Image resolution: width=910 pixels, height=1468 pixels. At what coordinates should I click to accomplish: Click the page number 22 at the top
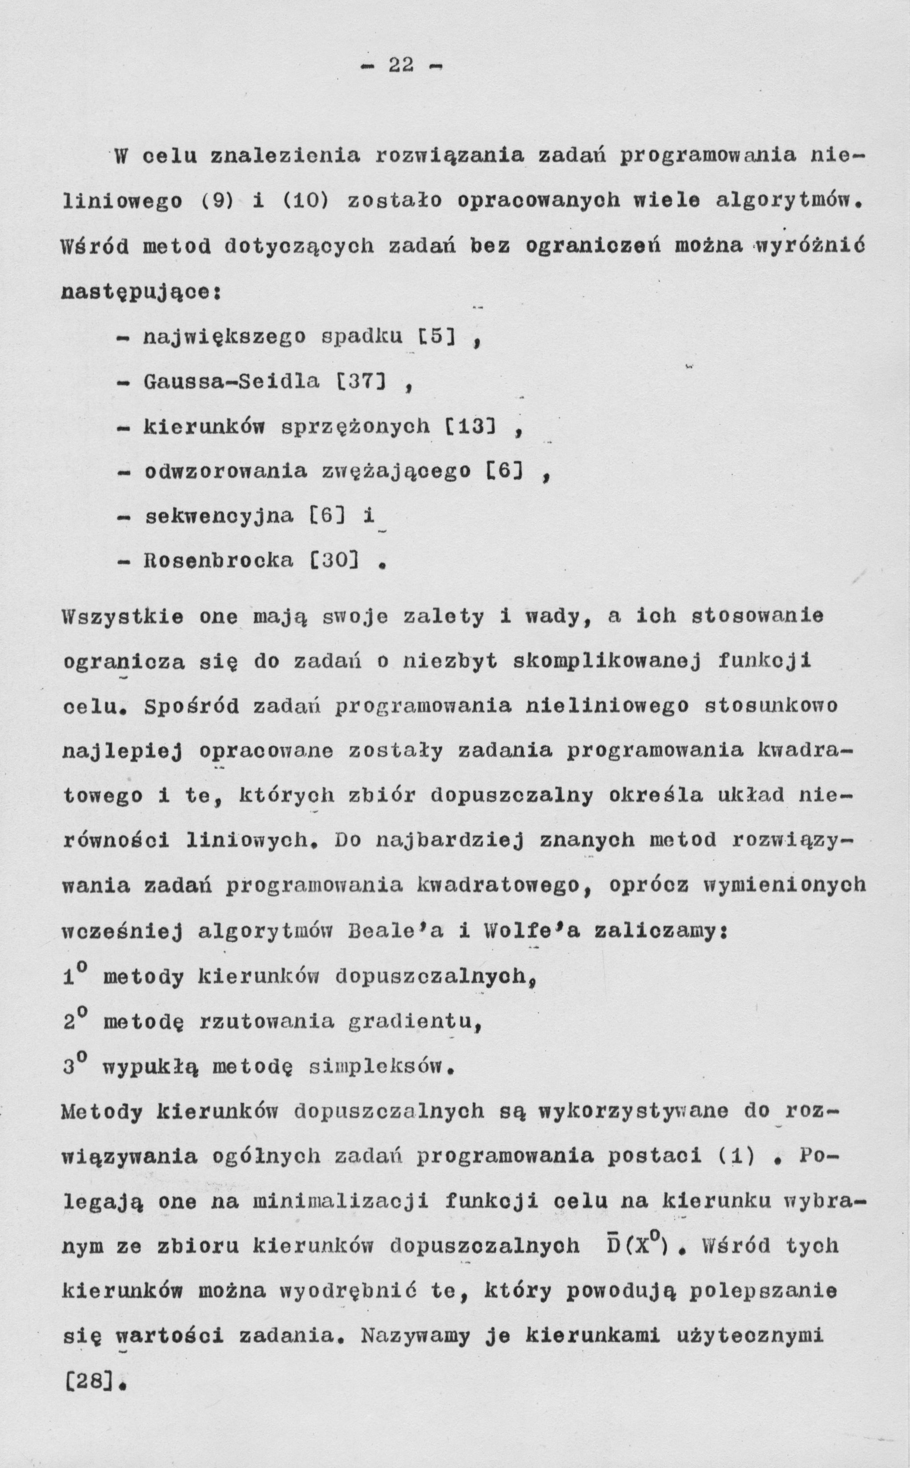pyautogui.click(x=401, y=65)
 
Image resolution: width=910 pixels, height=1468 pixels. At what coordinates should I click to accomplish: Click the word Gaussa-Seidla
pyautogui.click(x=232, y=381)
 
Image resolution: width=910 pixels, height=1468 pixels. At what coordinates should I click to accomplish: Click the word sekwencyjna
pyautogui.click(x=220, y=516)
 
